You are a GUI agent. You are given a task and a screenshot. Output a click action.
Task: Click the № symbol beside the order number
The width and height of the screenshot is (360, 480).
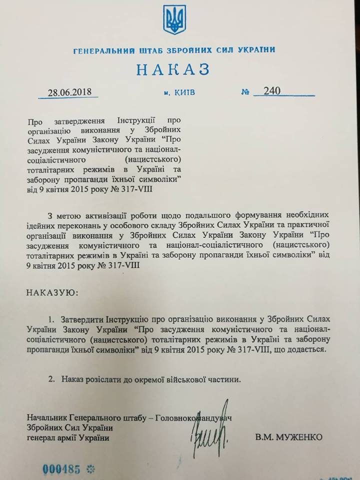tap(245, 92)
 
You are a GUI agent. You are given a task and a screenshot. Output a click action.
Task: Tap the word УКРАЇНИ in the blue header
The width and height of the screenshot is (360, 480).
tap(254, 50)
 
